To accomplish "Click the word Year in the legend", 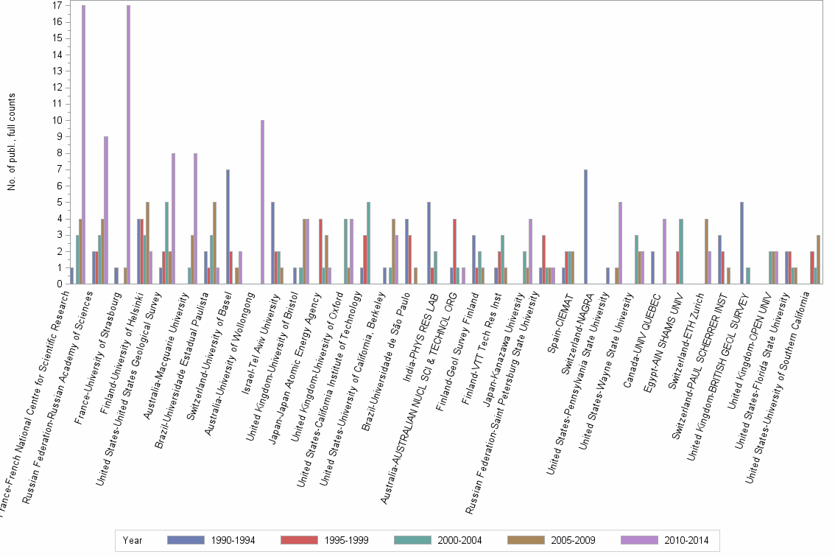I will [133, 540].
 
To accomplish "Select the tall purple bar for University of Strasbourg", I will [128, 144].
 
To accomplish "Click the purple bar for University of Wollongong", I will [262, 202].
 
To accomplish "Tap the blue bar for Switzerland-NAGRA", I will [585, 226].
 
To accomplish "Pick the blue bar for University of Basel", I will [228, 226].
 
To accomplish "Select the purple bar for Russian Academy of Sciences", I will [106, 210].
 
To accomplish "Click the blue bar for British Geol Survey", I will [742, 243].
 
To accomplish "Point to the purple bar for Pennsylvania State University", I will [621, 243].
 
